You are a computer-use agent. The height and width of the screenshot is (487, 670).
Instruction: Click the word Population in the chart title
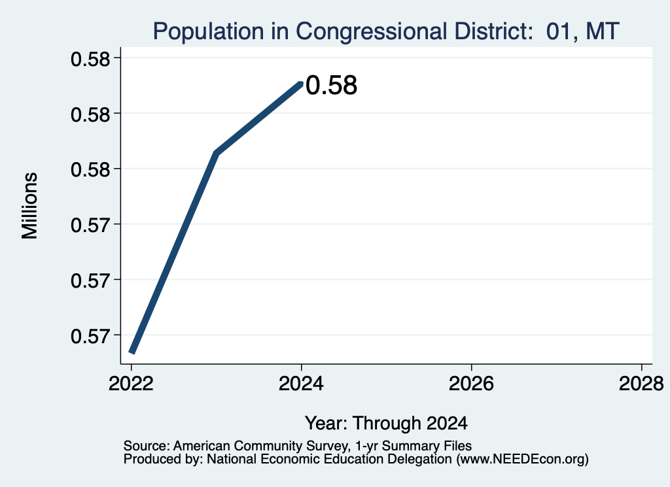coord(208,31)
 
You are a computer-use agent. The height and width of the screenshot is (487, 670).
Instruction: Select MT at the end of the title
coord(603,31)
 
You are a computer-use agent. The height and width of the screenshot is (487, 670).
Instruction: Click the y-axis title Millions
coord(30,206)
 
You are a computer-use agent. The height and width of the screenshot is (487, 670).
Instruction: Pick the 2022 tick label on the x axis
coord(131,384)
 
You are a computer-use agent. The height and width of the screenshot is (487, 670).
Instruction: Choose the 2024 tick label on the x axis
coord(301,384)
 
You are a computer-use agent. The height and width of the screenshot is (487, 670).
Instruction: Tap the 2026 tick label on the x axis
coord(471,384)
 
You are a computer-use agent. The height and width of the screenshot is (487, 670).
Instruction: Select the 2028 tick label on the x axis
coord(641,384)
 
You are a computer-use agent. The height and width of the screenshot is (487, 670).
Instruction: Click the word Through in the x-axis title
coord(387,424)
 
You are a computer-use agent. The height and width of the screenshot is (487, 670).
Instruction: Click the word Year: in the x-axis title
coord(327,423)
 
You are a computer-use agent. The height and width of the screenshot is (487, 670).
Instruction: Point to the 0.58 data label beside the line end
coord(332,85)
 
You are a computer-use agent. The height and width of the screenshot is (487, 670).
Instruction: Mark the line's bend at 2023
coord(217,153)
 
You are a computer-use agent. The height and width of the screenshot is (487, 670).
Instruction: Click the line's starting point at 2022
coord(132,352)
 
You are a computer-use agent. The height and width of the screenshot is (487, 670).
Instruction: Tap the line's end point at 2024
coord(301,84)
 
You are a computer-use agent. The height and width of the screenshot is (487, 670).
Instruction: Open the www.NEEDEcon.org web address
coord(523,460)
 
